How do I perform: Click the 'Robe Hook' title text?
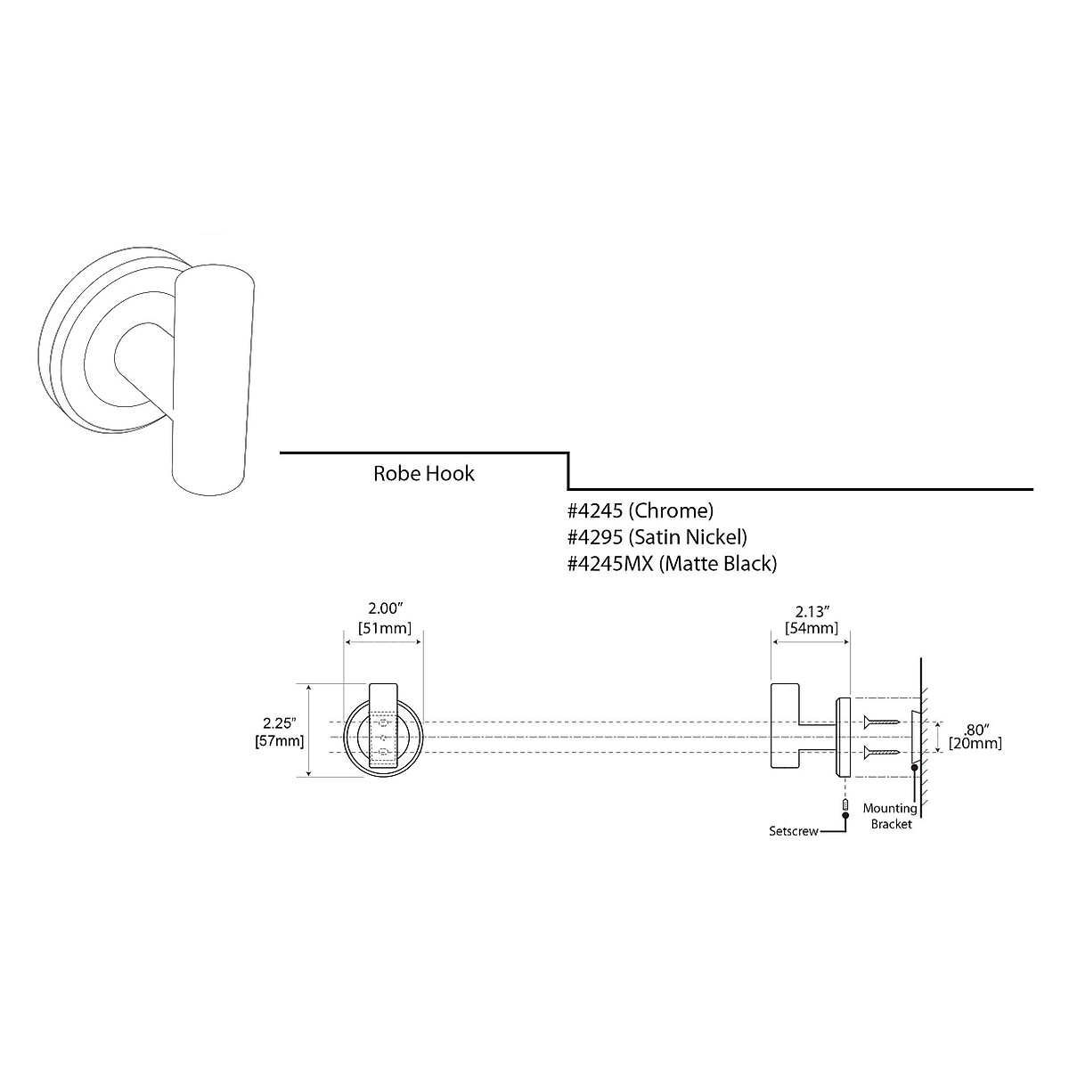pyautogui.click(x=423, y=473)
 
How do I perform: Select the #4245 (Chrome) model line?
pyautogui.click(x=641, y=511)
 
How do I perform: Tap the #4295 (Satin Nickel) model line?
pyautogui.click(x=657, y=537)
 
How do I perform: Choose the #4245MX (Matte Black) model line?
pyautogui.click(x=673, y=564)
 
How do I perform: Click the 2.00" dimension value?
pyautogui.click(x=386, y=609)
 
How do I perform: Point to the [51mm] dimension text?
pyautogui.click(x=384, y=628)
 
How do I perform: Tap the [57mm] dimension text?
pyautogui.click(x=279, y=741)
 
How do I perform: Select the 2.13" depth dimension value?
pyautogui.click(x=812, y=610)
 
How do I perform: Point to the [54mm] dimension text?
pyautogui.click(x=811, y=628)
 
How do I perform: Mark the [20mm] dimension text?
pyautogui.click(x=975, y=743)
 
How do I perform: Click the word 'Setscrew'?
pyautogui.click(x=794, y=831)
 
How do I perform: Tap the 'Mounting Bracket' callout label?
pyautogui.click(x=889, y=816)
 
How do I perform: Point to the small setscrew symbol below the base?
pyautogui.click(x=844, y=806)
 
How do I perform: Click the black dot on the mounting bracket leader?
pyautogui.click(x=913, y=767)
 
